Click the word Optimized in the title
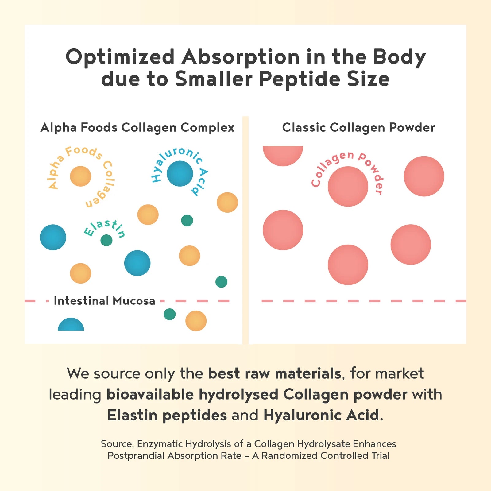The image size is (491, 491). point(120,57)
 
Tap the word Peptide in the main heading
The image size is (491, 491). point(300,79)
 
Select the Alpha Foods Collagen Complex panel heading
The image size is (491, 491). point(137,127)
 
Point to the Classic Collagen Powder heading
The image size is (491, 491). point(358,127)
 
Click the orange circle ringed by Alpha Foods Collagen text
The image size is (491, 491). point(80,176)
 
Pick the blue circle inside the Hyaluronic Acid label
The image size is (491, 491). point(180,174)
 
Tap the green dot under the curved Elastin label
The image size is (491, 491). point(106,240)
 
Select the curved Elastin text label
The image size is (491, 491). point(105,228)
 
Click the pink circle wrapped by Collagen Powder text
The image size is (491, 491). point(348,186)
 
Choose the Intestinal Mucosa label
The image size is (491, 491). point(104,301)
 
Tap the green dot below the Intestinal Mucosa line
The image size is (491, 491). point(170,314)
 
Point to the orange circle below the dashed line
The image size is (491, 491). point(196,321)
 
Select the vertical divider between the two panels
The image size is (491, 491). point(245,230)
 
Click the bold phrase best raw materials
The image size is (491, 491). point(274,373)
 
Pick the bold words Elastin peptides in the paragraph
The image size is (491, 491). point(167,415)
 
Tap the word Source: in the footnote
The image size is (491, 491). point(118,444)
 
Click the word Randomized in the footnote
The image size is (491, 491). point(290,456)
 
